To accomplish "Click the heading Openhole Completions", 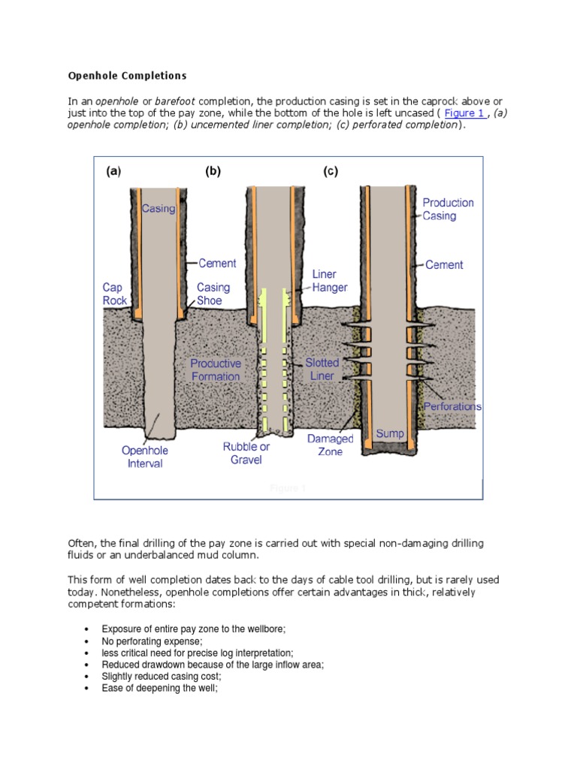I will (127, 76).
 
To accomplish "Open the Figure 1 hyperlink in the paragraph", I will (464, 113).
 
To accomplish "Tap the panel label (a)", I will (113, 171).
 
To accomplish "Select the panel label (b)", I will (213, 171).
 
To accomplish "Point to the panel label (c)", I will (331, 171).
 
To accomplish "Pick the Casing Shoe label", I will (213, 294).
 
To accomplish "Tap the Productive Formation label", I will (216, 369).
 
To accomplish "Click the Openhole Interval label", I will (145, 457).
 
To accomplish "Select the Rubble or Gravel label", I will (246, 453).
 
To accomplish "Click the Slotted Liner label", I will (322, 369).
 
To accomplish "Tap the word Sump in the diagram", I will (390, 434).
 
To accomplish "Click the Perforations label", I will (452, 406).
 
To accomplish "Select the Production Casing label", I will (448, 209).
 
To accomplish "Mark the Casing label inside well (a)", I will (158, 209).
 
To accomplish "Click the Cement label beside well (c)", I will (444, 264).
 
